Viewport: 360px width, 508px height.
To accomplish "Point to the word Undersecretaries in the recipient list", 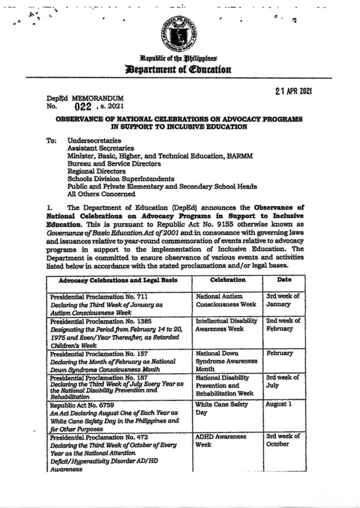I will click(94, 140).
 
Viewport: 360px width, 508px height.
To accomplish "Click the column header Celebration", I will click(227, 280).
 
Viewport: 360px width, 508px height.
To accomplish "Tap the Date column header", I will click(284, 280).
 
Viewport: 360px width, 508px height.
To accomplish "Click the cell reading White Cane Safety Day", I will click(221, 408).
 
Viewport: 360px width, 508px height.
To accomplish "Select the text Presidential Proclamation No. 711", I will click(99, 296).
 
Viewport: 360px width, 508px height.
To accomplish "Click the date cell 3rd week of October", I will click(283, 440).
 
